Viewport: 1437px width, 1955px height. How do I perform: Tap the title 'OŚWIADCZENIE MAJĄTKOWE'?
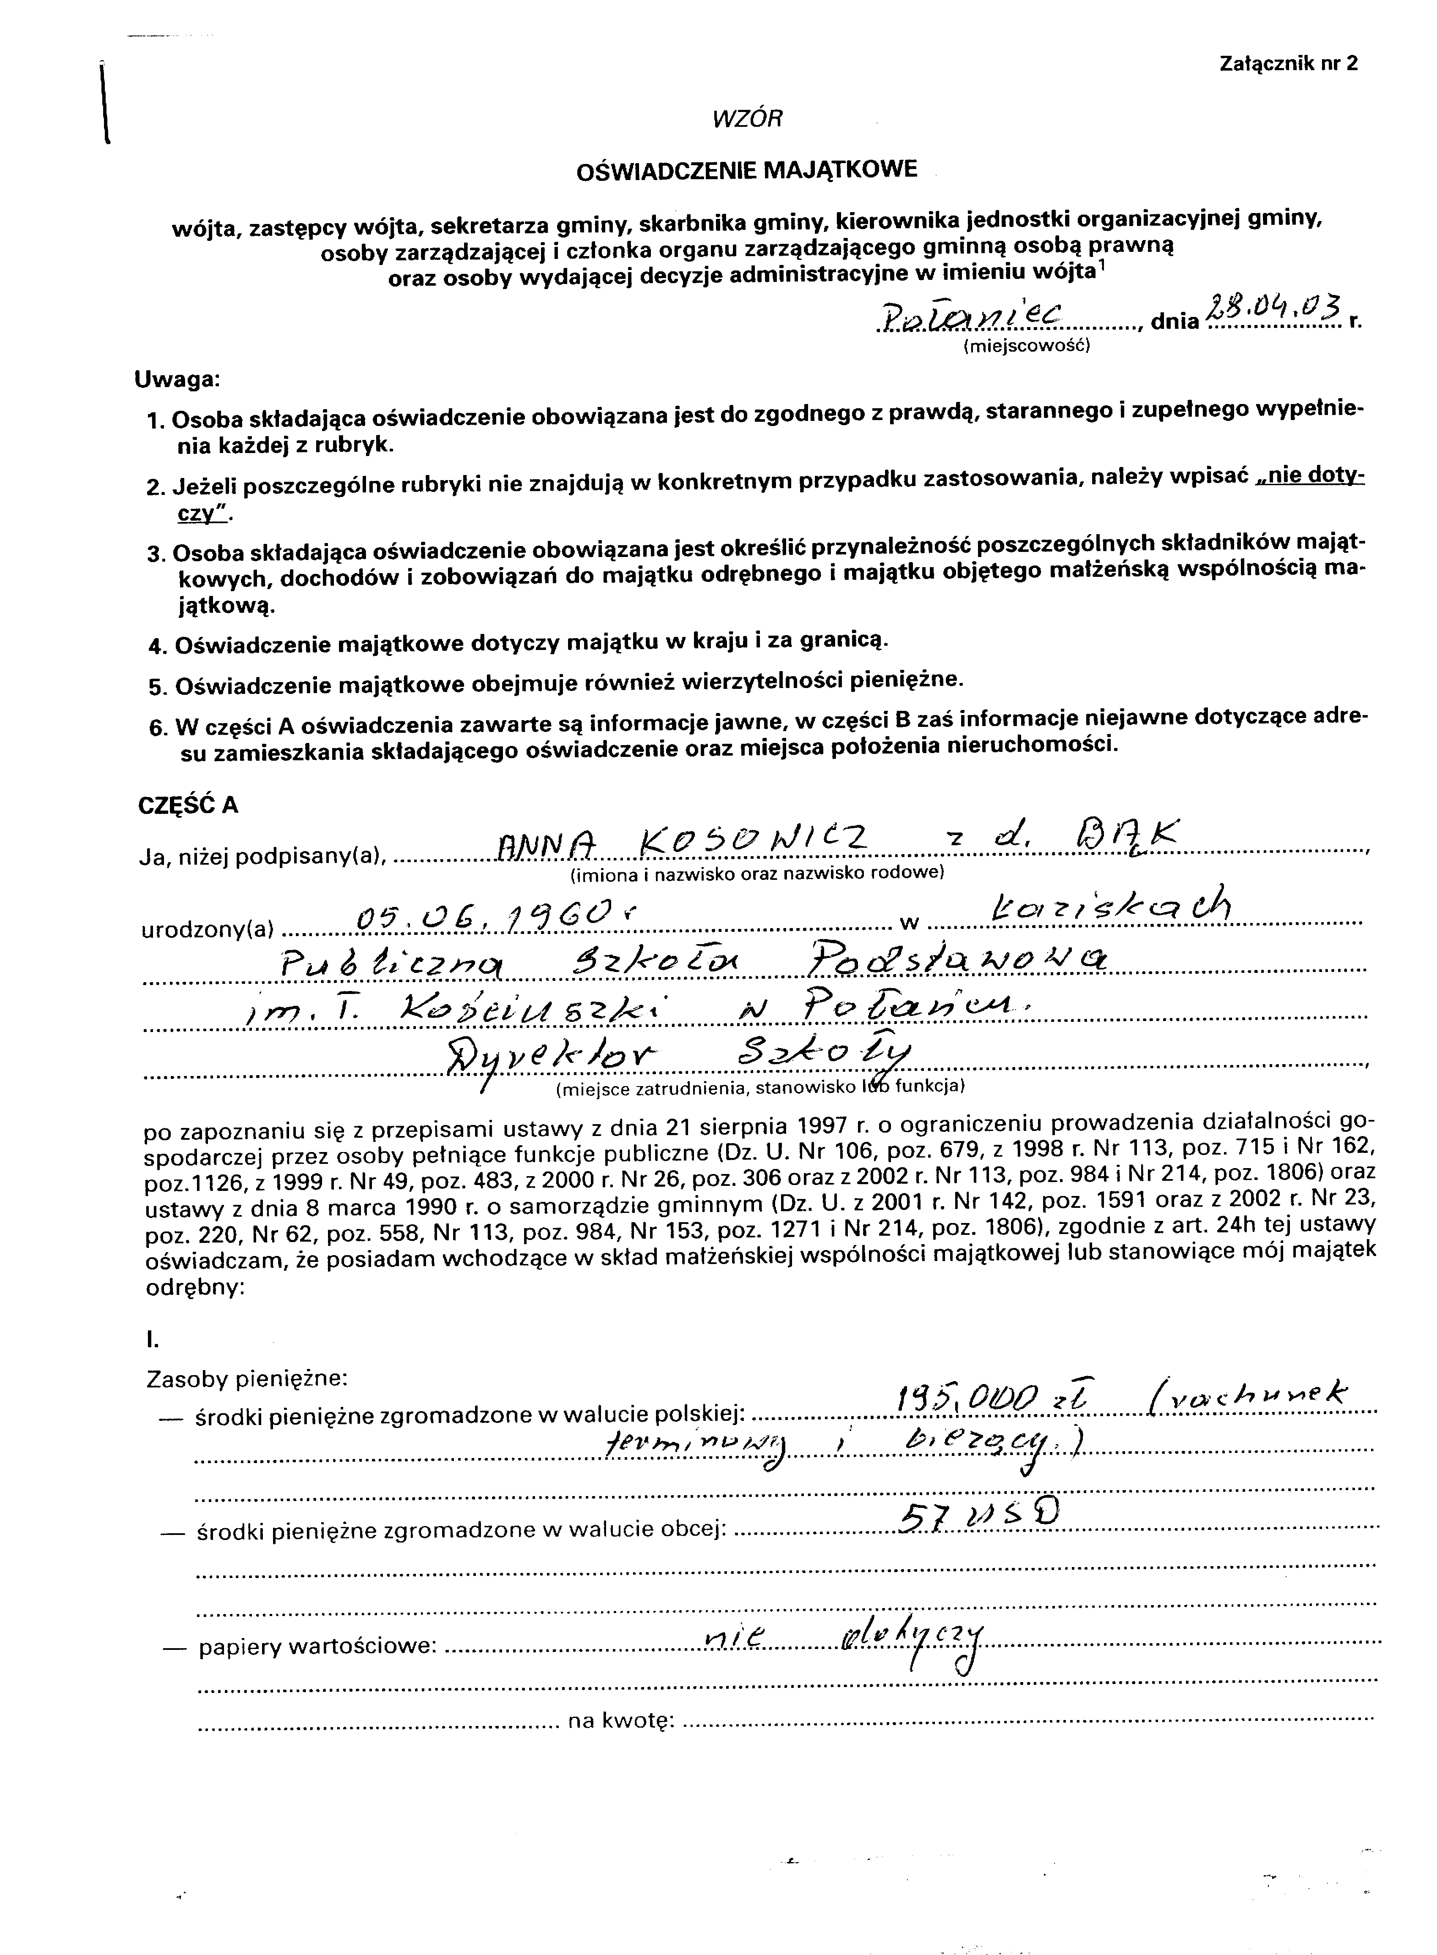(746, 169)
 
